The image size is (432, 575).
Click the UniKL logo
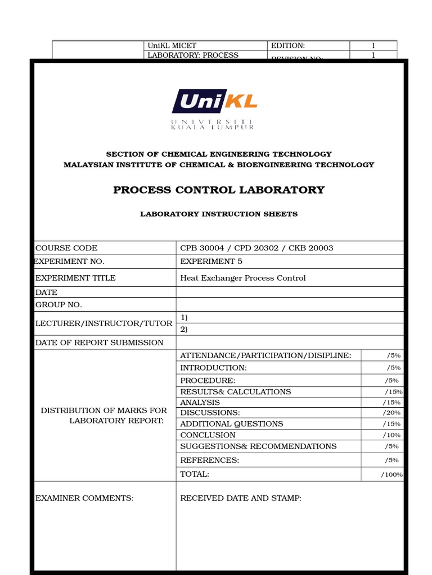tap(214, 109)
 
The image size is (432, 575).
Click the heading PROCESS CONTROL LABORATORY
tap(219, 190)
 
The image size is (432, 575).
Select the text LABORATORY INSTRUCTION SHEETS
tap(219, 214)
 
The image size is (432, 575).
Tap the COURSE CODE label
tap(66, 248)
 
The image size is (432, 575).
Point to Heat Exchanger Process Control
tap(242, 278)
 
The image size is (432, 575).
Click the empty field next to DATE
tap(289, 292)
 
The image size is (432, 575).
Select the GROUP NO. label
tap(58, 304)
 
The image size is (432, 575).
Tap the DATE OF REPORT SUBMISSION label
tap(99, 343)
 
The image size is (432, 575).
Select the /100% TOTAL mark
tap(391, 474)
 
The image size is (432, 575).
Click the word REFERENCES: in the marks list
tap(209, 460)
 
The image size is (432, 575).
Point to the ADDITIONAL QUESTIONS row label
tap(231, 424)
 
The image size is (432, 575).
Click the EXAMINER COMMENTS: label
tap(84, 498)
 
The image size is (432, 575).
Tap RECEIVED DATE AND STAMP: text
tap(240, 498)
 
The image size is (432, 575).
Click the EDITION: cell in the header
tap(287, 45)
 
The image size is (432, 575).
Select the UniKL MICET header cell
tap(172, 45)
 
